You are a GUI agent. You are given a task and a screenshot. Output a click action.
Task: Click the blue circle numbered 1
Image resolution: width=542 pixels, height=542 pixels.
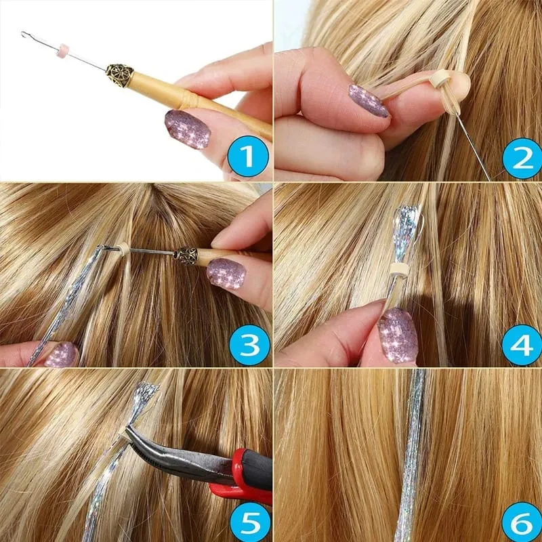[248, 157]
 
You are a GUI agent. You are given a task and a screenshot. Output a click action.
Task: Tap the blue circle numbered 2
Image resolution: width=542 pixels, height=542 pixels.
[522, 159]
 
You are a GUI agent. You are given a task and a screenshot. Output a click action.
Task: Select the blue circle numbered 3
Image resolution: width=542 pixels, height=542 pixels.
[249, 345]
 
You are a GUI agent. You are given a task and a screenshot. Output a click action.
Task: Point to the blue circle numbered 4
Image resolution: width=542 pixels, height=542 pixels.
[522, 345]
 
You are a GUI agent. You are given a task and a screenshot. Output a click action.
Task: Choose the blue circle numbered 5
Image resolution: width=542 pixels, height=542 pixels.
[250, 522]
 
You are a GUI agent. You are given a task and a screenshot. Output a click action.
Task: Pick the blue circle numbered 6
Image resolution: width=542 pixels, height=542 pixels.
[522, 522]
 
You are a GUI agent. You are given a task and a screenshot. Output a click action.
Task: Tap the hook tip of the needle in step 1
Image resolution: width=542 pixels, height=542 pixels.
[23, 33]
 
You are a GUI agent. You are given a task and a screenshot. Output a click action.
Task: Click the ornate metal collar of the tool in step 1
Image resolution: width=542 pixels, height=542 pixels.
[119, 75]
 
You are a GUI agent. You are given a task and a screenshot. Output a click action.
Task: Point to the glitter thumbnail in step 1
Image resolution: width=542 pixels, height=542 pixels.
[188, 129]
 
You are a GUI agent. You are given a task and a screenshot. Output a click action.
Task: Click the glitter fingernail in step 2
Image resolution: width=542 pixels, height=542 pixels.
[369, 100]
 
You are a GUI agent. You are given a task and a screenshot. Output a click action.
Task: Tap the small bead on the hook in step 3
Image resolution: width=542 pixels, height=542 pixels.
[123, 249]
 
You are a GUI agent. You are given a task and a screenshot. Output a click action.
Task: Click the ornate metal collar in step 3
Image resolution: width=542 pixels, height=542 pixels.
[186, 256]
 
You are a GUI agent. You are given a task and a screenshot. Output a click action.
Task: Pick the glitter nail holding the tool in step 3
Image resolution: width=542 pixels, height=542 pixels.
[226, 274]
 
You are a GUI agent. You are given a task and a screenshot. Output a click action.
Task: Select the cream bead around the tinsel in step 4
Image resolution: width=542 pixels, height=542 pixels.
[399, 270]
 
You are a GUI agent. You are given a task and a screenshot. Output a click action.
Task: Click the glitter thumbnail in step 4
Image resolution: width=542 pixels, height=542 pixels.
[398, 335]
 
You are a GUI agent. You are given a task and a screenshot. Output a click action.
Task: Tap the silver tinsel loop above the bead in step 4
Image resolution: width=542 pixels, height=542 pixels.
[408, 232]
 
